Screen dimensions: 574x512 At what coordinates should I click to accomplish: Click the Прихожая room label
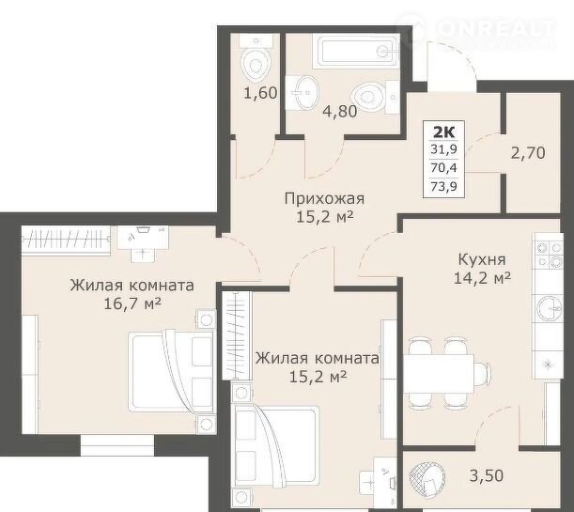[324, 199]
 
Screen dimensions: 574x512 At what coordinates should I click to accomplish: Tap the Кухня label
[482, 260]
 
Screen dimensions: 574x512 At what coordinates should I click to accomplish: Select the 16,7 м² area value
[132, 303]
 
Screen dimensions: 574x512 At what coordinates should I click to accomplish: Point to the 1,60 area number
[260, 93]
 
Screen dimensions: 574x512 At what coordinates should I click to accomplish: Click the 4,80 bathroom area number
[340, 111]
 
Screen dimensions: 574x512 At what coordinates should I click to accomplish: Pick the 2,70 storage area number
[528, 152]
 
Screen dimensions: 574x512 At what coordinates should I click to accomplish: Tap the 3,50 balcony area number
[487, 475]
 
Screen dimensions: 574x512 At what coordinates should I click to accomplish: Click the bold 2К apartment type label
[443, 132]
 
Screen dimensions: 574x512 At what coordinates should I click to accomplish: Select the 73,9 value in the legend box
[444, 187]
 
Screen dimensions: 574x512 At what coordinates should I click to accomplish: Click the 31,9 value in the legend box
[444, 149]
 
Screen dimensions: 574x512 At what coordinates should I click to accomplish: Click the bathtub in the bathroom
[355, 51]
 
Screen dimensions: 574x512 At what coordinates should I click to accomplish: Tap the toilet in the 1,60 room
[256, 58]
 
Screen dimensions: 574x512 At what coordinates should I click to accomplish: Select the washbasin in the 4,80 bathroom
[302, 93]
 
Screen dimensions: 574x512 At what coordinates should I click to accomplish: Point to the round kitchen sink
[550, 308]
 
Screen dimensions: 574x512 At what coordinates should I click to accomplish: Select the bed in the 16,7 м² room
[172, 372]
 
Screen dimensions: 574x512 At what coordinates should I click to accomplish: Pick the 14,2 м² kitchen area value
[482, 278]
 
